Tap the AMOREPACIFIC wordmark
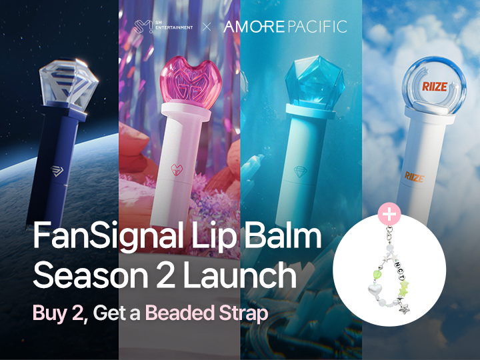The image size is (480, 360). pos(285,27)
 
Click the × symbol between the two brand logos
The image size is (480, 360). pos(207,27)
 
